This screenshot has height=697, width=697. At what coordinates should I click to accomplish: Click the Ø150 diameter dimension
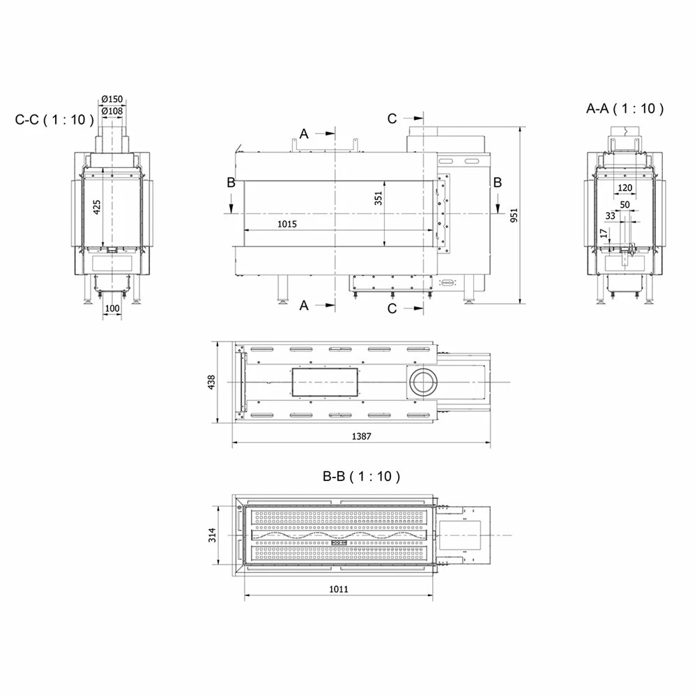(112, 99)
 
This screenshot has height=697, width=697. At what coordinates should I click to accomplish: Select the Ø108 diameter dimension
(112, 111)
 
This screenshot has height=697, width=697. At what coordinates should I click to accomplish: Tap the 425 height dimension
(97, 207)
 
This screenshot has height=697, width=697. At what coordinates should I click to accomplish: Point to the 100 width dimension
(112, 308)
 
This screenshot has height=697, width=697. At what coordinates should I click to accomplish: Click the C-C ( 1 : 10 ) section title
(54, 120)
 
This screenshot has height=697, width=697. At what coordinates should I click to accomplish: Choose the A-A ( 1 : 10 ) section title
(625, 109)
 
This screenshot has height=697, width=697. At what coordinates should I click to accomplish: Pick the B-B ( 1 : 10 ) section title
(361, 477)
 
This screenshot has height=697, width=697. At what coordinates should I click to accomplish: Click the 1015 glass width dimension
(287, 224)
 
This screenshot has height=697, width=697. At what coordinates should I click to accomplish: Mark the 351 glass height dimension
(378, 198)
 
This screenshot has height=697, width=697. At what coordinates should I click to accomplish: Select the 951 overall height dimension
(514, 215)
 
